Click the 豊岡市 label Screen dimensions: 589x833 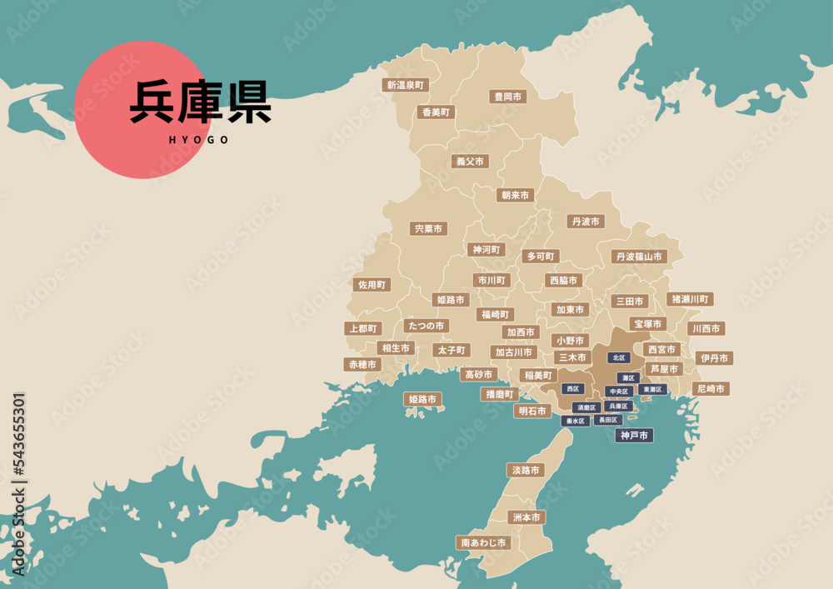click(x=507, y=97)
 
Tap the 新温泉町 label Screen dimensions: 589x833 click(x=406, y=85)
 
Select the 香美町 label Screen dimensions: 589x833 click(x=436, y=112)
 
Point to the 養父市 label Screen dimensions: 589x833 click(x=470, y=162)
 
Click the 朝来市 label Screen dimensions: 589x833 click(x=515, y=195)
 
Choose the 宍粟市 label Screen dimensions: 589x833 click(x=428, y=228)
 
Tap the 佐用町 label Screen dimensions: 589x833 click(x=372, y=284)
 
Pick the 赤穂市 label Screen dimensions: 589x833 click(x=362, y=364)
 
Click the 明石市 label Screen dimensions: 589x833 click(x=531, y=411)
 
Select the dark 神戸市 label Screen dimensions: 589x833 click(x=634, y=435)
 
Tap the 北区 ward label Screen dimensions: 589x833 click(x=618, y=357)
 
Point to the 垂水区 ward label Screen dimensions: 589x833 click(x=575, y=421)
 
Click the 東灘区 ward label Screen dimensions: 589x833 click(x=652, y=389)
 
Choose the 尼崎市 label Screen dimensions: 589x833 click(x=711, y=388)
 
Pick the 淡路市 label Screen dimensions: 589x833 click(x=526, y=470)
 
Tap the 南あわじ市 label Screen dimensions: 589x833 click(x=483, y=542)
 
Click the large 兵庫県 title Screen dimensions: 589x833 click(x=200, y=102)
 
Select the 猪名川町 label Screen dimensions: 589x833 click(x=690, y=298)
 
